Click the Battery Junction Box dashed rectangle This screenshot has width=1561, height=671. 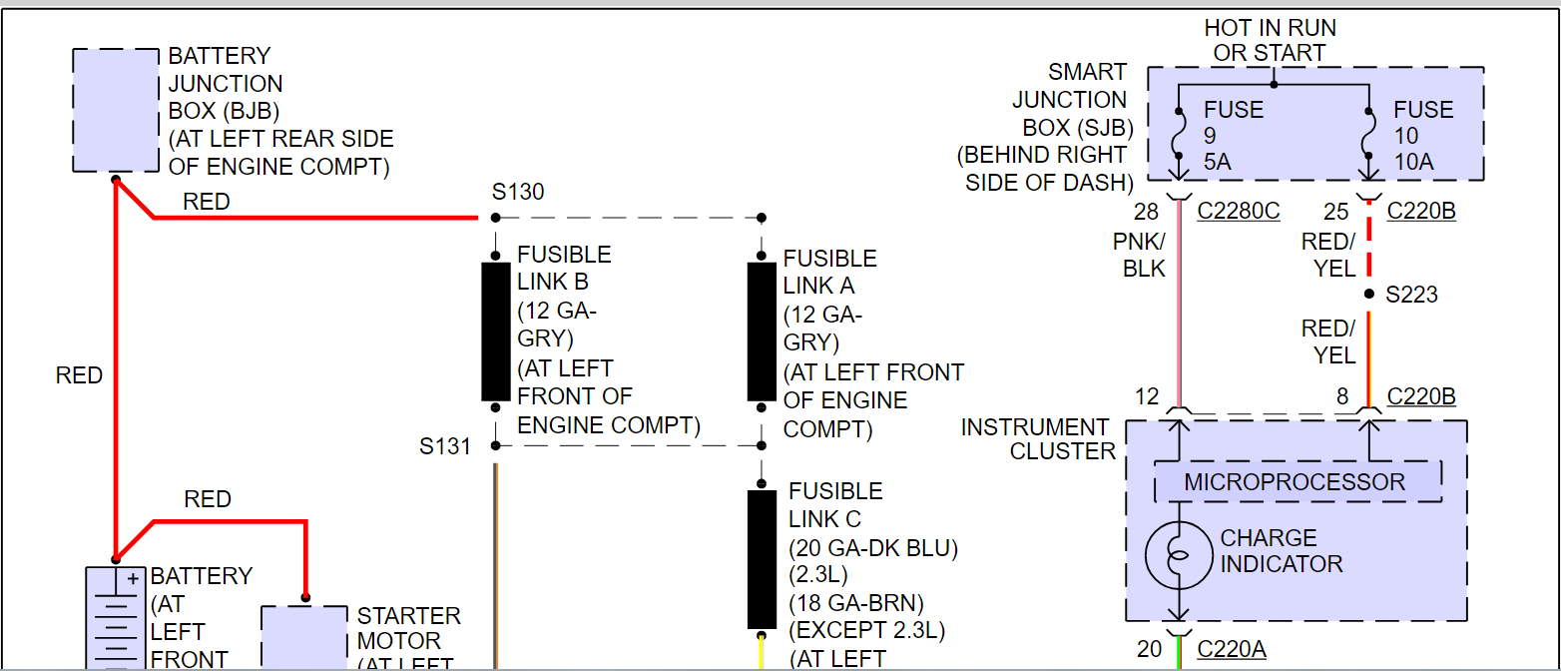tap(116, 110)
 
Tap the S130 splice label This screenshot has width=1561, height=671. tap(518, 192)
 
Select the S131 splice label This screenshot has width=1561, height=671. tap(444, 446)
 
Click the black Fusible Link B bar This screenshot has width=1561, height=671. tap(496, 332)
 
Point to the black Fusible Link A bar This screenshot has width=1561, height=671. tap(762, 332)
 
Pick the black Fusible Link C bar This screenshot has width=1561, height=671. tap(762, 559)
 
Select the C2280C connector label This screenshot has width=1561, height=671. tap(1238, 212)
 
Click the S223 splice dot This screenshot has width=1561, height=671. tap(1368, 295)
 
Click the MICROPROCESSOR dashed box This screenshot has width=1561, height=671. tap(1298, 482)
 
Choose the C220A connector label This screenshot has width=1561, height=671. tap(1232, 649)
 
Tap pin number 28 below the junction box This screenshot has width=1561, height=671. tap(1146, 212)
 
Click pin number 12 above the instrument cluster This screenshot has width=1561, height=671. tap(1147, 397)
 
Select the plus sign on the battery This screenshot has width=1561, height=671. tap(131, 578)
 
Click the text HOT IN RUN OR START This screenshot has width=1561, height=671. tap(1270, 40)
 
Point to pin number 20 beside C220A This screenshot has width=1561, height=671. tap(1150, 649)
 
